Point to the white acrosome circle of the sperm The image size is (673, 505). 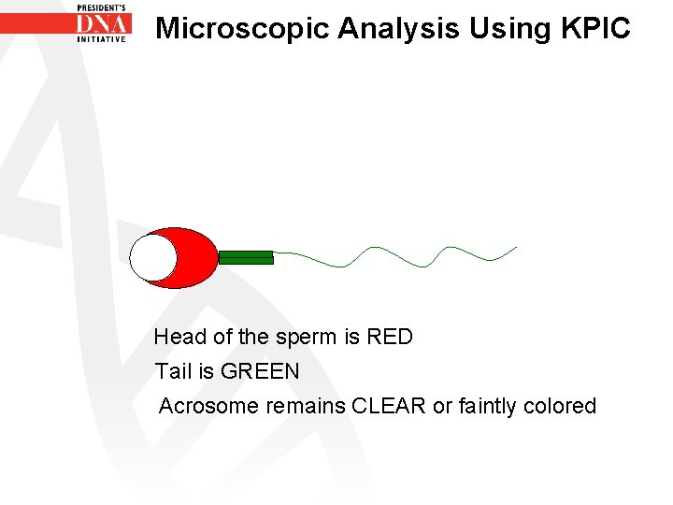(152, 258)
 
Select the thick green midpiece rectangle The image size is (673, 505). (246, 257)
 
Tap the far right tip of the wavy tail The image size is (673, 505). (515, 248)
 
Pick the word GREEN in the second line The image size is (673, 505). (260, 371)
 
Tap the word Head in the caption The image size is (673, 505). (176, 337)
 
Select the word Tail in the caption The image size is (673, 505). (173, 371)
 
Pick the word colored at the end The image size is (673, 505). (560, 406)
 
